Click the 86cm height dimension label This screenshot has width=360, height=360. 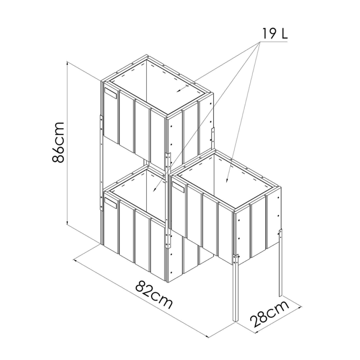58,142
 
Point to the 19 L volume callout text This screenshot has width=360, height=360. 274,33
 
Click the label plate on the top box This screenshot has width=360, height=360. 111,93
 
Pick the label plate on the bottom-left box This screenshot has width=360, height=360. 111,203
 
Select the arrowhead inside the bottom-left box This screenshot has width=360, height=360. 154,189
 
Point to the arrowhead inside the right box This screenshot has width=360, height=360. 227,180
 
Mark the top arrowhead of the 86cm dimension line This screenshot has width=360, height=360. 67,63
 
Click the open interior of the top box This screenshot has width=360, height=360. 161,90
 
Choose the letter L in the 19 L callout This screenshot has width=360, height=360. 285,33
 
